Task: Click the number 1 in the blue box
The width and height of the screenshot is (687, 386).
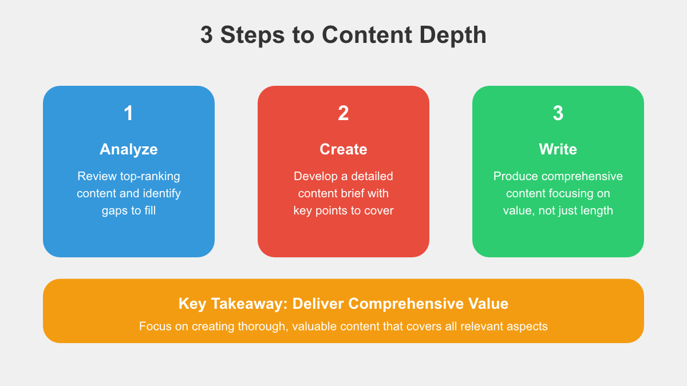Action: click(x=128, y=113)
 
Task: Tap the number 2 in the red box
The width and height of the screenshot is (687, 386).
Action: click(x=343, y=113)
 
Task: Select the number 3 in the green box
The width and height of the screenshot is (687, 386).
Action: click(x=558, y=113)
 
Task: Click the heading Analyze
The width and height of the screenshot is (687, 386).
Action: click(x=128, y=149)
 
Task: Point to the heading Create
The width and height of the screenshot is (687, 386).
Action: click(x=343, y=149)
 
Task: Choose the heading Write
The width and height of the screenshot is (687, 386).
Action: click(x=558, y=149)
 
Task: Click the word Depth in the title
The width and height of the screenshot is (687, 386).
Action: click(x=454, y=35)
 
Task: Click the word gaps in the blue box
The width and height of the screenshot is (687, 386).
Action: click(x=114, y=210)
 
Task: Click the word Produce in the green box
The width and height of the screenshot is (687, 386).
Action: click(x=515, y=176)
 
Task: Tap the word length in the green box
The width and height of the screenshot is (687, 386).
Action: click(x=595, y=210)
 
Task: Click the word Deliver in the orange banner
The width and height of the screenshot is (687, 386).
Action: click(x=317, y=303)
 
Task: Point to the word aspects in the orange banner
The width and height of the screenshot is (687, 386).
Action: click(x=528, y=327)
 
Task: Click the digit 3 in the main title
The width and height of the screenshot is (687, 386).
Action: click(x=207, y=35)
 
